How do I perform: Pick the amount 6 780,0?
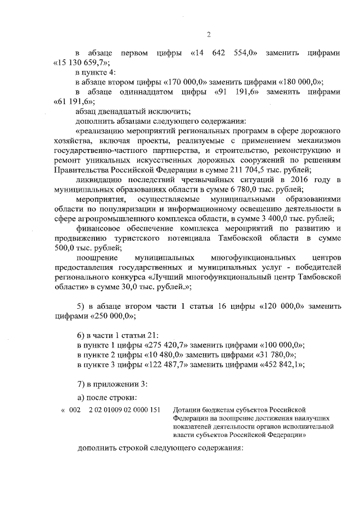(x=232, y=189)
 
